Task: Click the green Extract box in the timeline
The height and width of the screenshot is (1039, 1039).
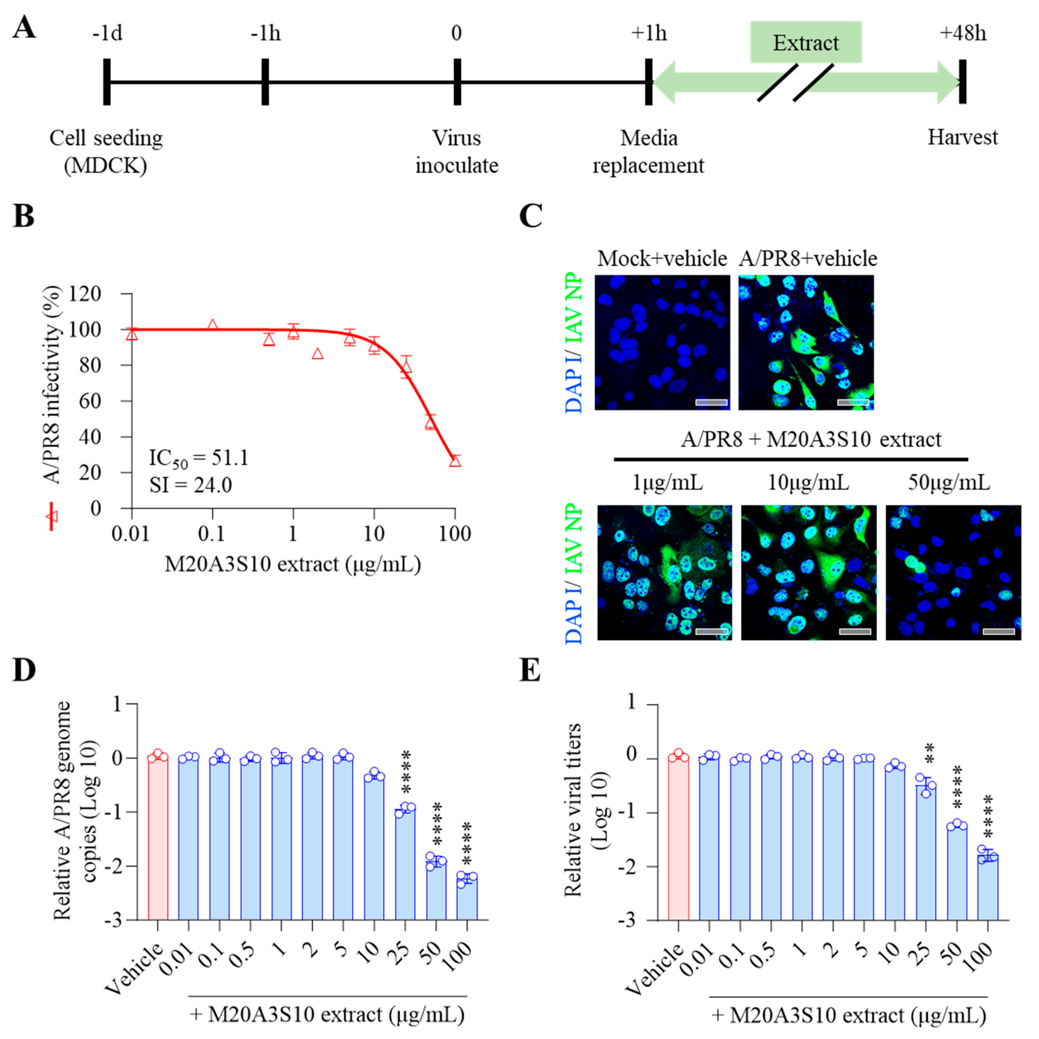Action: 806,43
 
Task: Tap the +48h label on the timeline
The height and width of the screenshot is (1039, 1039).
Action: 963,33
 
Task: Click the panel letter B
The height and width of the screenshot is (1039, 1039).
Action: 24,217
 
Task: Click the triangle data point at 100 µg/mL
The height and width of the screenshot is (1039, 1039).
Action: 455,461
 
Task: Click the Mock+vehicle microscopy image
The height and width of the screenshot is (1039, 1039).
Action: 662,342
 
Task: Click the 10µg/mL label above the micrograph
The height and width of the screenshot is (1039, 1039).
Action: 808,483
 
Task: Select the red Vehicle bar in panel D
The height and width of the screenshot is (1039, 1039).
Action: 158,839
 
